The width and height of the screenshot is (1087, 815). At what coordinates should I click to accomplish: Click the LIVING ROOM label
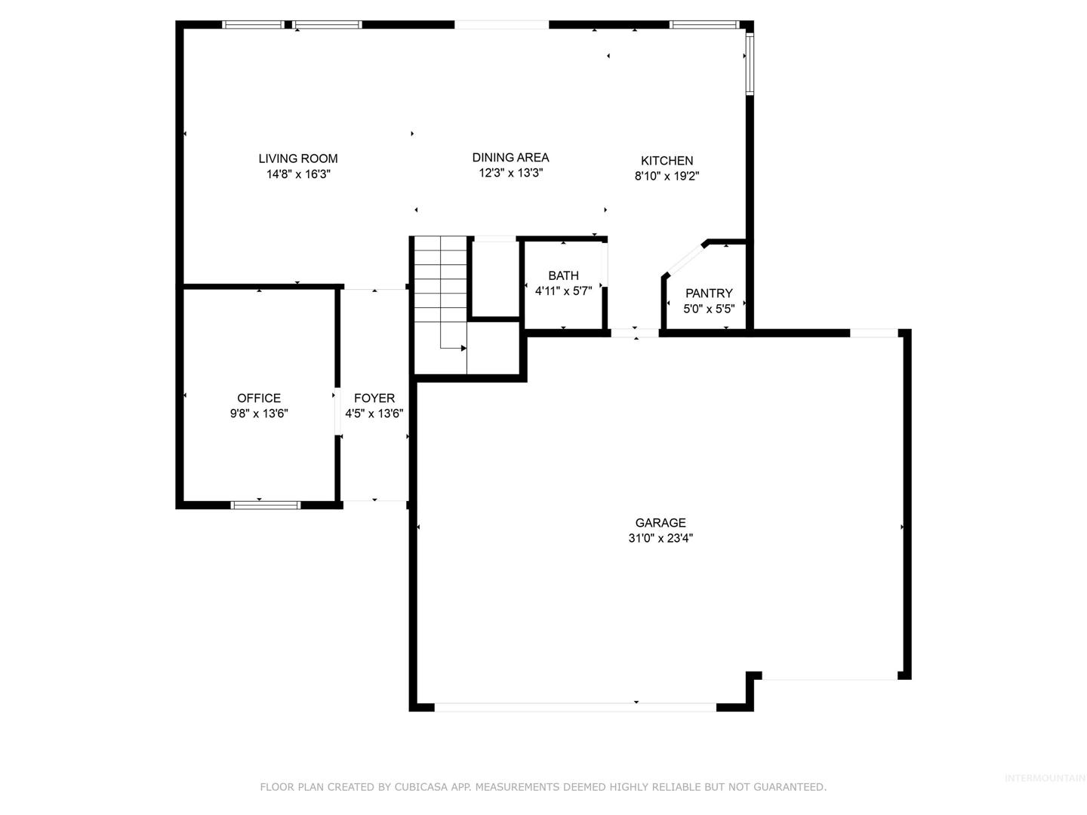[x=297, y=158]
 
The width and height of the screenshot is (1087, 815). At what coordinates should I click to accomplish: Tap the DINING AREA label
[x=510, y=158]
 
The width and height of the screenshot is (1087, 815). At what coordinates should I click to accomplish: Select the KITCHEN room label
[x=667, y=160]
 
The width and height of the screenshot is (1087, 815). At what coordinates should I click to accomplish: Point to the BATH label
[x=563, y=275]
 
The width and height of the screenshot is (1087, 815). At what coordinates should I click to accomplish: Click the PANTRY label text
[x=709, y=293]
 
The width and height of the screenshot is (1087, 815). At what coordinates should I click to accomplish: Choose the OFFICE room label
[x=258, y=398]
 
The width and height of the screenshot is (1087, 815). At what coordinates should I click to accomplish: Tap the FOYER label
[x=374, y=398]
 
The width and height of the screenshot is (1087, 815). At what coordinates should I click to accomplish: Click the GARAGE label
[x=660, y=522]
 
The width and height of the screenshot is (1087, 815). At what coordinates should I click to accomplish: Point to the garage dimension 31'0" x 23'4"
[x=660, y=538]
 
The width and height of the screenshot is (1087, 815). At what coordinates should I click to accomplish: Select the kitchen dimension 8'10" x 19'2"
[x=667, y=176]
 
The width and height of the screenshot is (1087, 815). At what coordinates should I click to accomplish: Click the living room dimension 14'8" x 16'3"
[x=298, y=174]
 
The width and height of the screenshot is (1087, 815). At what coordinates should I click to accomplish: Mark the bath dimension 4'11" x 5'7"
[x=563, y=291]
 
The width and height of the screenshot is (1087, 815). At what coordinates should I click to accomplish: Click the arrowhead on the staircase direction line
[x=463, y=349]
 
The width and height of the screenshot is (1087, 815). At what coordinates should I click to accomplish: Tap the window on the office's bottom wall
[x=266, y=506]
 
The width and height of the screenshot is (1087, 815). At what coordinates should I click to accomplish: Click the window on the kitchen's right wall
[x=750, y=63]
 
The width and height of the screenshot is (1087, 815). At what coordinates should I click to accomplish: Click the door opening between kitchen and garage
[x=635, y=333]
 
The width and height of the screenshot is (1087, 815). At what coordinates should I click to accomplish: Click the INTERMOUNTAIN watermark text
[x=1045, y=778]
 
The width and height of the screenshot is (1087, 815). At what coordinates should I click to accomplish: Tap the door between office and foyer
[x=337, y=411]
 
